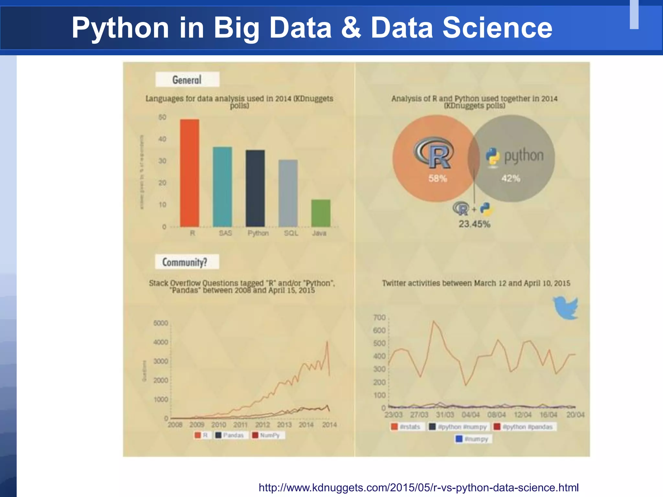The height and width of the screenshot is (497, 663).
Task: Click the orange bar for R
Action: coord(190,173)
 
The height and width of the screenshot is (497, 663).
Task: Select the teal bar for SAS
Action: coord(222,187)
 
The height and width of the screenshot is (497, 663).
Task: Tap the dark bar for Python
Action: coord(255,188)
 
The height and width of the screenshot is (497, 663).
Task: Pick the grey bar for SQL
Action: coord(288,193)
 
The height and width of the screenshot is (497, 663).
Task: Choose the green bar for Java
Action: coord(321,213)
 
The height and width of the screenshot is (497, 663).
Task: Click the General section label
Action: coord(187,80)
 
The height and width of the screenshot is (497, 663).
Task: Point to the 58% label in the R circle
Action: coord(438,178)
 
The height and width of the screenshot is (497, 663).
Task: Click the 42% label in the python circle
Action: coord(511,178)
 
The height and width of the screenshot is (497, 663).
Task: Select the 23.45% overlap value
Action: coord(474,224)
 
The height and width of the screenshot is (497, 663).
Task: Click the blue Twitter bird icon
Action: coord(566,307)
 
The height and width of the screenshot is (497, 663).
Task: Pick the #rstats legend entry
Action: coord(407,427)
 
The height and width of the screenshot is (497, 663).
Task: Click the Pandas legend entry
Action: coord(230,435)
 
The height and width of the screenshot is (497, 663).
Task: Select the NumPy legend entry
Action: coord(266,435)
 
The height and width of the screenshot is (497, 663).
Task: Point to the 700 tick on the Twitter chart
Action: coord(379,317)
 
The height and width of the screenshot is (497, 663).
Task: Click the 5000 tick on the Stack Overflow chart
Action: coord(161,323)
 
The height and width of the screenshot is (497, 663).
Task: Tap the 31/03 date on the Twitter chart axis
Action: coord(445,414)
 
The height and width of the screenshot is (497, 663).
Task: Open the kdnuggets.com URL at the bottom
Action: coord(418,487)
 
